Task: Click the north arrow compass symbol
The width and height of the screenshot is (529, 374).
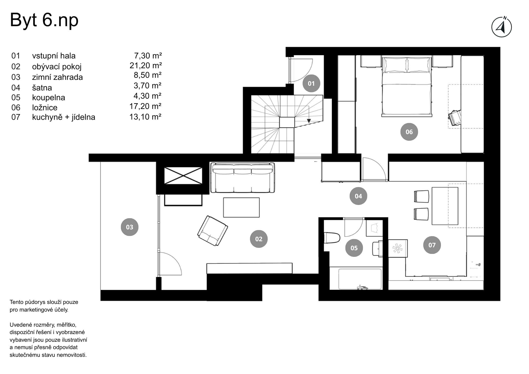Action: (x=501, y=27)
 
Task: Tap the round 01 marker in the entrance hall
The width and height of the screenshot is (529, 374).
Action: (x=311, y=84)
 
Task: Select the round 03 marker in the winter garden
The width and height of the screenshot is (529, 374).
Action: (x=129, y=227)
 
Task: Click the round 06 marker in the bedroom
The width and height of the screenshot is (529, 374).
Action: (x=409, y=132)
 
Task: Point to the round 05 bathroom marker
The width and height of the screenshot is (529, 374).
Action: (x=354, y=248)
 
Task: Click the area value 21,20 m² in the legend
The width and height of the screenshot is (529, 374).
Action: (x=145, y=66)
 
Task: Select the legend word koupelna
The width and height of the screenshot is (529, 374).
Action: (x=48, y=98)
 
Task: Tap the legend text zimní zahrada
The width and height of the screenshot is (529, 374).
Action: (x=57, y=77)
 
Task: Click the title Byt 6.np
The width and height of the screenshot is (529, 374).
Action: (x=44, y=20)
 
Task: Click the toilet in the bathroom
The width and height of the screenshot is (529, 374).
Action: (x=332, y=238)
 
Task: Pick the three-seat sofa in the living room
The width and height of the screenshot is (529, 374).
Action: (x=242, y=178)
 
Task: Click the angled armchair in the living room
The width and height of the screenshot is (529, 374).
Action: (x=212, y=231)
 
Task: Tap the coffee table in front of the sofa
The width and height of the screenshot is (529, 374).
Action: (x=241, y=207)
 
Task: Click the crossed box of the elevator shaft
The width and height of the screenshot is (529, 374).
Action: (x=183, y=175)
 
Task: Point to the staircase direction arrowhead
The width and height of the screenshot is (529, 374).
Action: (x=309, y=121)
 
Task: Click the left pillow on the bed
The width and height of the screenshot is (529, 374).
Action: (x=395, y=65)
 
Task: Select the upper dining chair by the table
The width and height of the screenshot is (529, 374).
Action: (x=421, y=197)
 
